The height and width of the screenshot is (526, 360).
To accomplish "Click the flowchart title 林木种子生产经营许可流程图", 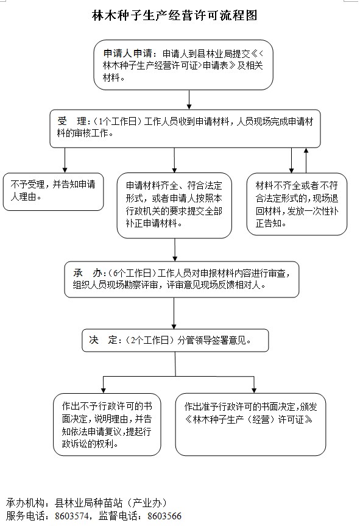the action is pyautogui.click(x=174, y=15).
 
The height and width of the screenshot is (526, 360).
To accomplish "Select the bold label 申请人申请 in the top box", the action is pyautogui.click(x=127, y=54).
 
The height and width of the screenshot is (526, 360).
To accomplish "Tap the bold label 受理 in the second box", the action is pyautogui.click(x=72, y=121).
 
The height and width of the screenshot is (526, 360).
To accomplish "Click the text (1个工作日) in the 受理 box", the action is pyautogui.click(x=115, y=121).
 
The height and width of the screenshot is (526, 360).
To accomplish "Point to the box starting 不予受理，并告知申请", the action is pyautogui.click(x=53, y=191).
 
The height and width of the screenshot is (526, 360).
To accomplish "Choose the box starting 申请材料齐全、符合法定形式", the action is pyautogui.click(x=174, y=205).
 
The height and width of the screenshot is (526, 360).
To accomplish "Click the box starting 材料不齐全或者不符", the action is pyautogui.click(x=297, y=204).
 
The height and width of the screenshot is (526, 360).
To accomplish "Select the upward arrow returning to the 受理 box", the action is pyautogui.click(x=306, y=160).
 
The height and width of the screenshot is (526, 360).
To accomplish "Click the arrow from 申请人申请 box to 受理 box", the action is pyautogui.click(x=189, y=99).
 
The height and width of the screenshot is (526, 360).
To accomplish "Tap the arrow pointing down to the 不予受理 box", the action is pyautogui.click(x=65, y=160).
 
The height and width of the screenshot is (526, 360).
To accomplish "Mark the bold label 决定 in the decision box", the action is pyautogui.click(x=103, y=340).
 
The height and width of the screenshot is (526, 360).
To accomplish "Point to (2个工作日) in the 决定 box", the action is pyautogui.click(x=149, y=340).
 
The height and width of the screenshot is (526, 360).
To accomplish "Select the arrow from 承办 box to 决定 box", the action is pyautogui.click(x=174, y=313).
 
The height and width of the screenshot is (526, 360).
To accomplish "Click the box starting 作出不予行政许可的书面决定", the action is pyautogui.click(x=107, y=424).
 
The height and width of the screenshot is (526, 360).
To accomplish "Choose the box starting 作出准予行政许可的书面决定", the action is pyautogui.click(x=250, y=424).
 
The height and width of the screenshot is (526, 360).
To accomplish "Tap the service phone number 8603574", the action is pyautogui.click(x=72, y=516).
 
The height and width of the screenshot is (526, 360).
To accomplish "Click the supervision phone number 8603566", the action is pyautogui.click(x=164, y=516).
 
